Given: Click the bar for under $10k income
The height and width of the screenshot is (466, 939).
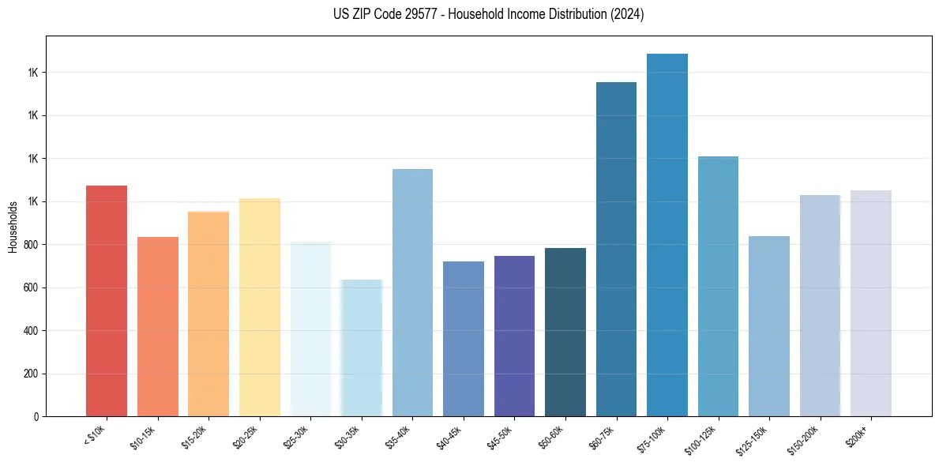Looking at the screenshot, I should click(107, 301).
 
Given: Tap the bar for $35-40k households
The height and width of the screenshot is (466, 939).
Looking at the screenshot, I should click(412, 292).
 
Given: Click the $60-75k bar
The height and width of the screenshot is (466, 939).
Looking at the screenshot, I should click(616, 249).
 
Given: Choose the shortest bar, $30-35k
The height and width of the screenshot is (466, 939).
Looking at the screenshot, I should click(362, 348).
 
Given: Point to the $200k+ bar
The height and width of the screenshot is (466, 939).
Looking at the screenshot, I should click(871, 303).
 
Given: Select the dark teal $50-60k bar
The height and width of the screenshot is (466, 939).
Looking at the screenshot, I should click(565, 332).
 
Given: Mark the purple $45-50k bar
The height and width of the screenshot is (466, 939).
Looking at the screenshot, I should click(514, 336).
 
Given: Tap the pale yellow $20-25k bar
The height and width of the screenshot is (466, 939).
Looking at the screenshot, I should click(260, 307).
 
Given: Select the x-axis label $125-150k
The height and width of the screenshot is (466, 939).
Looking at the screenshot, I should click(753, 437).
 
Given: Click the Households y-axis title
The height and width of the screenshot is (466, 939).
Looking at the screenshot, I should click(13, 227).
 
